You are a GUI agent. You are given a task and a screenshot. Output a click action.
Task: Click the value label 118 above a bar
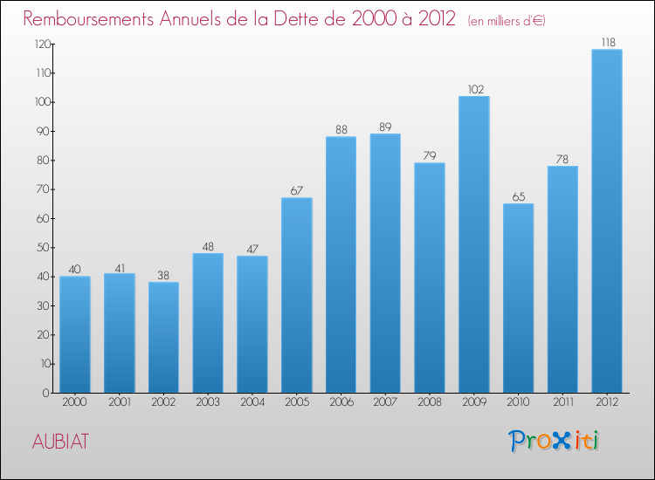point(607,41)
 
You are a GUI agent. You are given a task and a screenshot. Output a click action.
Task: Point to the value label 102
point(474,88)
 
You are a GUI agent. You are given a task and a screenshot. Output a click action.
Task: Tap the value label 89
point(385,127)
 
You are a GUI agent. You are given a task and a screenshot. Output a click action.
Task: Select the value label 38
point(163,274)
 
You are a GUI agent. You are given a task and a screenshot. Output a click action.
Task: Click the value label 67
point(297,190)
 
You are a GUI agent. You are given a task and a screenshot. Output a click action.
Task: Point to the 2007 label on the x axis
point(385,402)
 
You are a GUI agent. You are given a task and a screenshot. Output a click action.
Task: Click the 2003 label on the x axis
point(208,402)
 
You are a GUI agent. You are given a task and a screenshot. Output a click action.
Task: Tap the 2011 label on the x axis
point(562,402)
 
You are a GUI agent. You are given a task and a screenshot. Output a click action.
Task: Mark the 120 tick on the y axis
point(40,44)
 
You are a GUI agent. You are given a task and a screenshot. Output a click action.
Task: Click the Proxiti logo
point(555,441)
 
